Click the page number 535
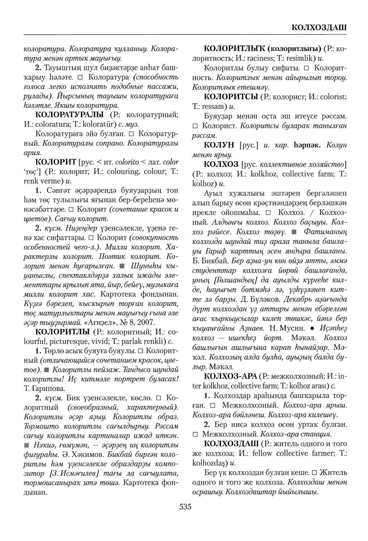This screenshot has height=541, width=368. click(185, 507)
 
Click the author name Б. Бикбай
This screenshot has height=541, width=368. click(208, 263)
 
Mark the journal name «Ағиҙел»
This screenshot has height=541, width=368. click(113, 321)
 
